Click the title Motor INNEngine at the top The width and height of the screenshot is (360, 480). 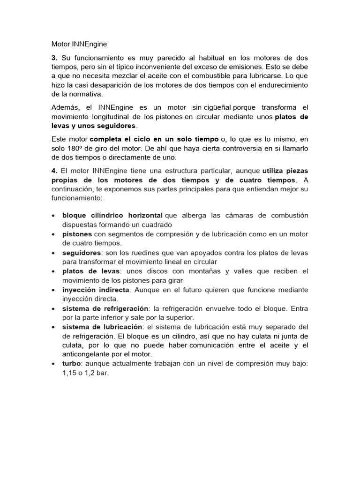tap(79, 45)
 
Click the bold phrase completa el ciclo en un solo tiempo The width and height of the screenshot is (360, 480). tap(154, 139)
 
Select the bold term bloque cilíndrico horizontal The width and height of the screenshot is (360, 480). tap(113, 215)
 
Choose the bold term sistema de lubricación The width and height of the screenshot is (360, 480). tap(102, 327)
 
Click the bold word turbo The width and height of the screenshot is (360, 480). tap(72, 364)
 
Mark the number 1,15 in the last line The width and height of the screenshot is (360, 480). tap(71, 374)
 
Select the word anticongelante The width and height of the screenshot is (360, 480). tap(87, 355)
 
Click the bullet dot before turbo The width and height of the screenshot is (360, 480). tap(53, 364)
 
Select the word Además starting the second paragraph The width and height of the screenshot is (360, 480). tap(65, 107)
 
